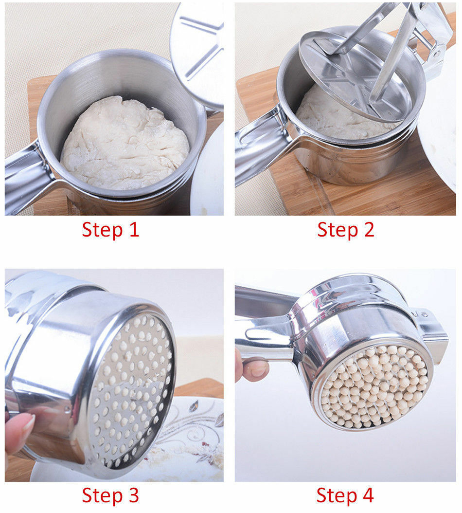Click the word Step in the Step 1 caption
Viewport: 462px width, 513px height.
[102, 230]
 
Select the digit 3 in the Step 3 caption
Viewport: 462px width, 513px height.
[134, 495]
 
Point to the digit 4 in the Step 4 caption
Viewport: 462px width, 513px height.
[368, 495]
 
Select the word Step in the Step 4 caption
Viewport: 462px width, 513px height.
[337, 496]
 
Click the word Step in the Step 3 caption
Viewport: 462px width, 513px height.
[102, 496]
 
